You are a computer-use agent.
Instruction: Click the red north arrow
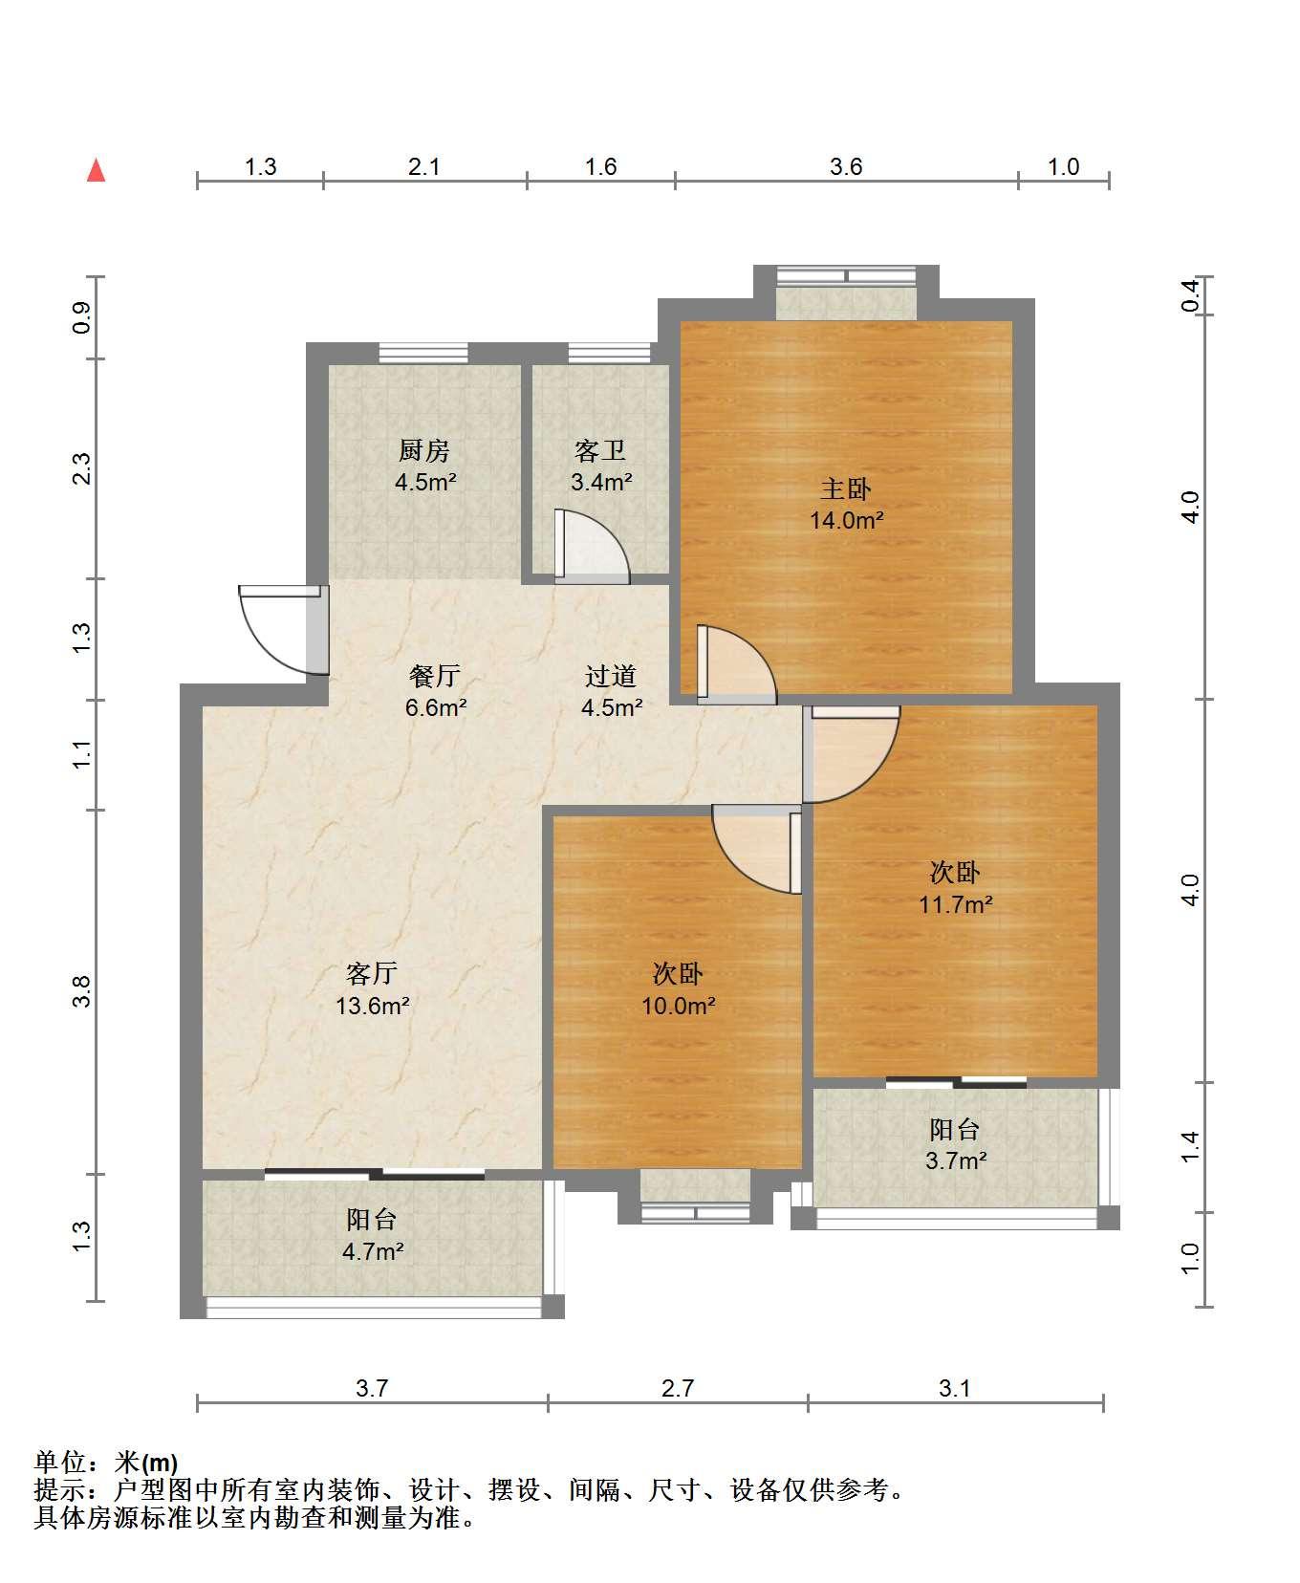(96, 170)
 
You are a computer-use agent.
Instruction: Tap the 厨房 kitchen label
(424, 450)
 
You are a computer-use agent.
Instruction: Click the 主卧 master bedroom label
(846, 489)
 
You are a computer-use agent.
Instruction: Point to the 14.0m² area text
(847, 521)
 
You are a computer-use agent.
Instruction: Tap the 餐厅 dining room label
(435, 677)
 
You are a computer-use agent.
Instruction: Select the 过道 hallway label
(611, 677)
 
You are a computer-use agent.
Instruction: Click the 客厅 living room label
(372, 974)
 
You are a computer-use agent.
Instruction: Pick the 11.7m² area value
(956, 904)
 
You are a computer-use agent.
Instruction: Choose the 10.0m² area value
(679, 1006)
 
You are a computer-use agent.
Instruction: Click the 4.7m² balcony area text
(373, 1251)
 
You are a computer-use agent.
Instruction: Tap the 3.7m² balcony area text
(956, 1161)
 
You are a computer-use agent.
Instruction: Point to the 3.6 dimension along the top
(846, 167)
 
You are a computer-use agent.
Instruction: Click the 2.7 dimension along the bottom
(678, 1388)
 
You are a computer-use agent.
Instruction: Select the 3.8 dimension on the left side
(82, 991)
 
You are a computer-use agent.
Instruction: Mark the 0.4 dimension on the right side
(1190, 295)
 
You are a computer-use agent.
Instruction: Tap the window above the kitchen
(423, 353)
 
